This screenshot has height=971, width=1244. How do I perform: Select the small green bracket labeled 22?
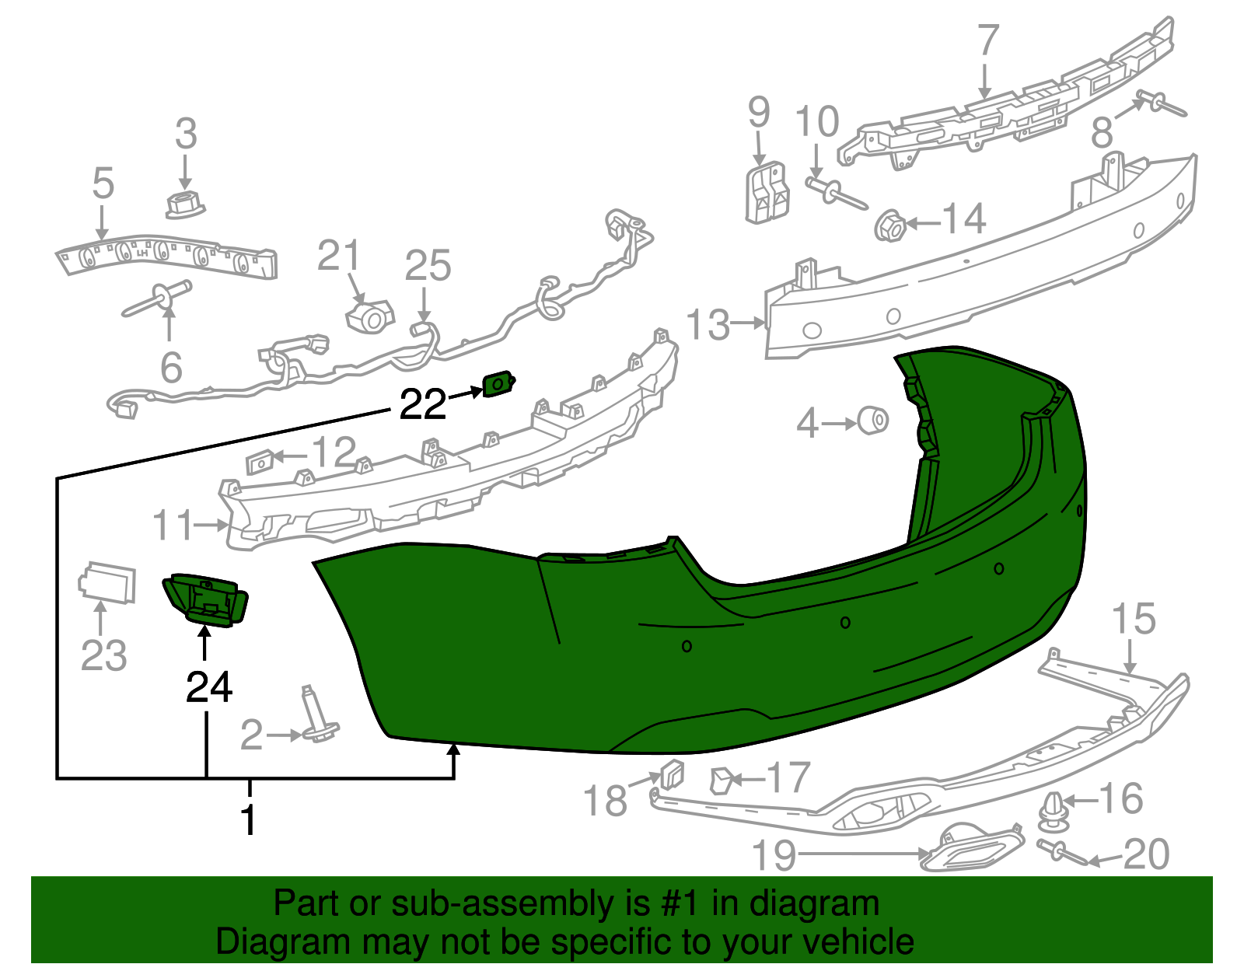pyautogui.click(x=498, y=383)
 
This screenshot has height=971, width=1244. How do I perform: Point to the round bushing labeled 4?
pyautogui.click(x=873, y=421)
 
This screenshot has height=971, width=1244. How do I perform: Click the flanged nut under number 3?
pyautogui.click(x=185, y=206)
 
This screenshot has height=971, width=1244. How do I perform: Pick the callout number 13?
pyautogui.click(x=708, y=325)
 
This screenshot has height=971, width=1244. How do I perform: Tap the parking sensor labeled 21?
pyautogui.click(x=370, y=317)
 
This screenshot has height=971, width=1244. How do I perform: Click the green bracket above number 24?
pyautogui.click(x=205, y=599)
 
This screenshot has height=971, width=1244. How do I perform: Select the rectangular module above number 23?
pyautogui.click(x=107, y=582)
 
